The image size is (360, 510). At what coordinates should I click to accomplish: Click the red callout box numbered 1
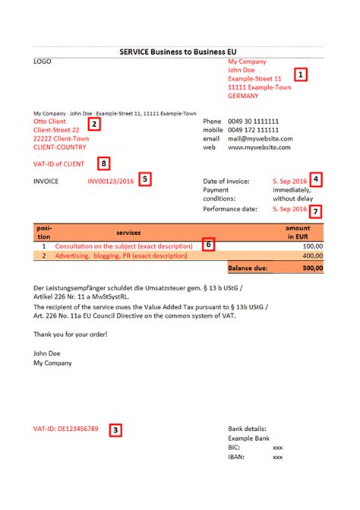click(x=301, y=75)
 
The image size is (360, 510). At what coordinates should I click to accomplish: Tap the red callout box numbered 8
click(x=104, y=162)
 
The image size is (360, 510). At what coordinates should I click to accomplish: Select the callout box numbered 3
click(x=115, y=429)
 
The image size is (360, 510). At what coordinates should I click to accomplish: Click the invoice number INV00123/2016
click(x=111, y=182)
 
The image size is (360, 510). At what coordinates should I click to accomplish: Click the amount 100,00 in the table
click(x=312, y=247)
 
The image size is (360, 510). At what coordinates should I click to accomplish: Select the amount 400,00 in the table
click(x=312, y=257)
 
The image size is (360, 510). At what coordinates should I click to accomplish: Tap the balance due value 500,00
click(x=311, y=268)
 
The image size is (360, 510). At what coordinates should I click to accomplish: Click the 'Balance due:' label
click(x=248, y=268)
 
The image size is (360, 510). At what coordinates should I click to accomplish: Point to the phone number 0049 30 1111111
click(x=254, y=121)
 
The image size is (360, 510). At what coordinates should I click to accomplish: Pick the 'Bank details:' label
click(x=247, y=429)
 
